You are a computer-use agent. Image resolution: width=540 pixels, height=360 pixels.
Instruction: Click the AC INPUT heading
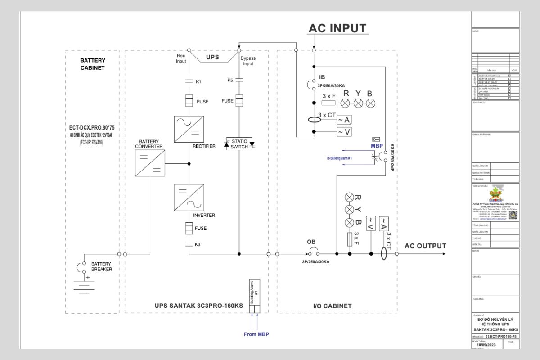[x=338, y=28]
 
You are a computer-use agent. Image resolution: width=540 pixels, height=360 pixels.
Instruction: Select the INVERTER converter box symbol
[x=189, y=198]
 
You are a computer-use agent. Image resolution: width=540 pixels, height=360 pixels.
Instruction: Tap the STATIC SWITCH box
[x=239, y=144]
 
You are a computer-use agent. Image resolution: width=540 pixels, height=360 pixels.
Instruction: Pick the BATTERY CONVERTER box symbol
[x=150, y=163]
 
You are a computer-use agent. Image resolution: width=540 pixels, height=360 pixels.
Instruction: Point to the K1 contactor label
[x=198, y=81]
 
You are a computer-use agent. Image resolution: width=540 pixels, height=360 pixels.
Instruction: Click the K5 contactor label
[x=230, y=80]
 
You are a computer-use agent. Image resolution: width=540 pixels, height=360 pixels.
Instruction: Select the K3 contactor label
[x=198, y=244]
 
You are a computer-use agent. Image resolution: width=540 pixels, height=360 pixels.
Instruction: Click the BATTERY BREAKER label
[x=101, y=266]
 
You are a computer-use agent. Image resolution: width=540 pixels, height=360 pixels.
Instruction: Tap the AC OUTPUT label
[x=425, y=246]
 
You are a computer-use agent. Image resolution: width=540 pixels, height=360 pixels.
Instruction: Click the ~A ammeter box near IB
[x=344, y=120]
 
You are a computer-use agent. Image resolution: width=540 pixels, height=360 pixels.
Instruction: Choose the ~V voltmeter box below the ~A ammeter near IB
[x=344, y=132]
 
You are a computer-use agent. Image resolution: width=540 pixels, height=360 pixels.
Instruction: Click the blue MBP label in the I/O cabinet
[x=376, y=146]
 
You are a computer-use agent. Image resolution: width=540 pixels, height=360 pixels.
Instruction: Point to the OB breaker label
[x=311, y=242]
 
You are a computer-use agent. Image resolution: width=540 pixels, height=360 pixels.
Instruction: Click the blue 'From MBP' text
[x=256, y=334]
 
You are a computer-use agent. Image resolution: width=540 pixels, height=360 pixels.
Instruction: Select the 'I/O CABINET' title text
[x=332, y=306]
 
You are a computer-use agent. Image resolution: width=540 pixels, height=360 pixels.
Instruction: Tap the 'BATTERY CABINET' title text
[x=92, y=64]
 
